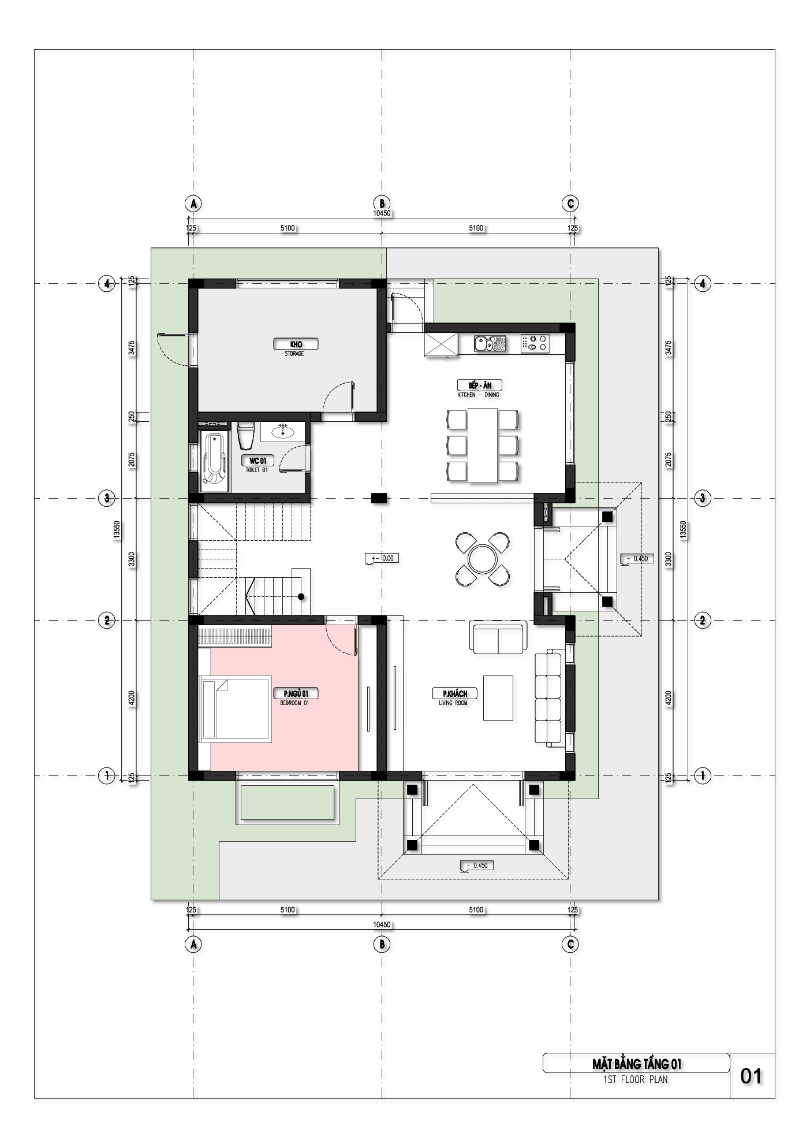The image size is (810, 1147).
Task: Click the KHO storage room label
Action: pyautogui.click(x=296, y=344)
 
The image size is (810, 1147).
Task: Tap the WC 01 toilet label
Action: pyautogui.click(x=257, y=461)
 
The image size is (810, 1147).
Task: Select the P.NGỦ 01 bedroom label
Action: pyautogui.click(x=296, y=693)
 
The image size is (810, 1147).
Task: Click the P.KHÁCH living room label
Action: pyautogui.click(x=455, y=693)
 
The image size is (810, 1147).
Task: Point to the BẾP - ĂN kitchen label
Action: pyautogui.click(x=480, y=385)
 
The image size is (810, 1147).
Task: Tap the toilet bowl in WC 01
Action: pyautogui.click(x=246, y=436)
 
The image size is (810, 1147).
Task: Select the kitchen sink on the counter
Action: pyautogui.click(x=490, y=343)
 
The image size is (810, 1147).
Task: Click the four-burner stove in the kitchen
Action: pyautogui.click(x=535, y=343)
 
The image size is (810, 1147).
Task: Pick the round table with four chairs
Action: pyautogui.click(x=483, y=559)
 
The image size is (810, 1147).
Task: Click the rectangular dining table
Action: pyautogui.click(x=483, y=445)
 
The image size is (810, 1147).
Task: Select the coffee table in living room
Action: pyautogui.click(x=498, y=697)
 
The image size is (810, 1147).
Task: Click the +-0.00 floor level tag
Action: pyautogui.click(x=382, y=558)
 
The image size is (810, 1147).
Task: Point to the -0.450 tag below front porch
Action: pyautogui.click(x=477, y=865)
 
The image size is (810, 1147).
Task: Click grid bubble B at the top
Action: pyautogui.click(x=382, y=203)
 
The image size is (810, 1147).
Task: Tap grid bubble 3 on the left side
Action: pyautogui.click(x=107, y=498)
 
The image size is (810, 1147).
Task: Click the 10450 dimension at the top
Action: pyautogui.click(x=382, y=213)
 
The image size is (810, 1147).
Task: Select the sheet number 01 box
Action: pyautogui.click(x=751, y=1076)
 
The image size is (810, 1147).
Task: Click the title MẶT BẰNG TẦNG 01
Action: pyautogui.click(x=637, y=1064)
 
